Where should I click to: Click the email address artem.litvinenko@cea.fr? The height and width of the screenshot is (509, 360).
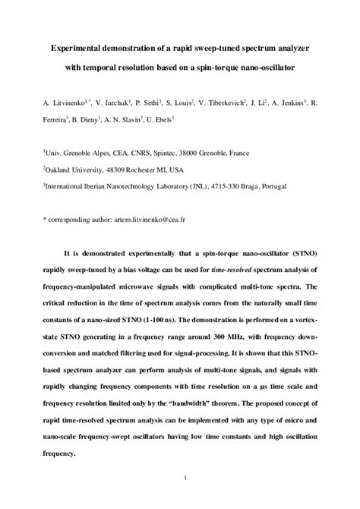tap(157, 218)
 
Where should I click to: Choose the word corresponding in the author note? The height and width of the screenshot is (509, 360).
tap(73, 218)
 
